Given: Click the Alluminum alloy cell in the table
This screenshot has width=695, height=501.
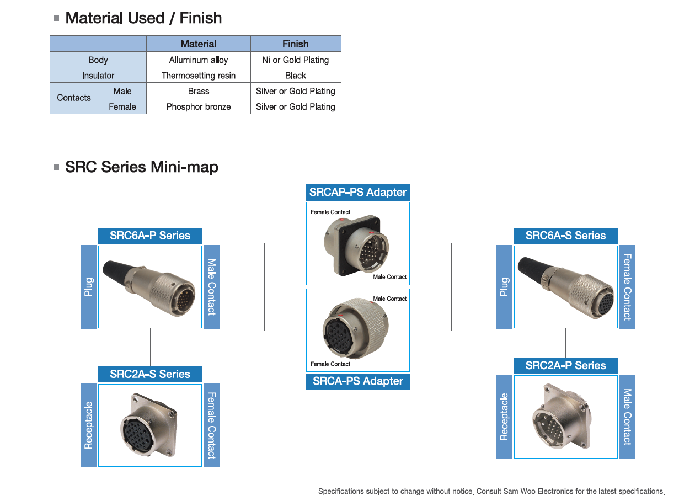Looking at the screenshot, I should point(199,60).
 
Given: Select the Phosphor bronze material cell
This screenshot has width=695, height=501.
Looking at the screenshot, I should point(199,106).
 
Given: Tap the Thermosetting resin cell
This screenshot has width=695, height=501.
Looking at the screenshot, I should point(199,76).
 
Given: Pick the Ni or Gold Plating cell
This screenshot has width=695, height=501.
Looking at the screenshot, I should point(296,60).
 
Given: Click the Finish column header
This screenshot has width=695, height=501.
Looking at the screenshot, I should point(296,44).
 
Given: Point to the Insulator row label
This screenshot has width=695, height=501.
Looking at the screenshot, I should point(98,76).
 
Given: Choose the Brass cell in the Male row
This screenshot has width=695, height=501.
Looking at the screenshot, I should point(199,91).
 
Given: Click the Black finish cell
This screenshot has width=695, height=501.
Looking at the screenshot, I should point(296,76).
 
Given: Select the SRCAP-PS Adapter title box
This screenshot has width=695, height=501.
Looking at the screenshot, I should point(358,193).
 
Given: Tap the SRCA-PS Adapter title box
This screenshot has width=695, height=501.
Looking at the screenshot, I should point(358,381).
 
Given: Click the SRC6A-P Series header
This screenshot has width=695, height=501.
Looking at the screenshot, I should point(150,236).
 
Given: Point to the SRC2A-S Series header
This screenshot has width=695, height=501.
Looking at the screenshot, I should point(150,374).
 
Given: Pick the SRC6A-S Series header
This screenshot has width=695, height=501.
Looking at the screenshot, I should point(565,236).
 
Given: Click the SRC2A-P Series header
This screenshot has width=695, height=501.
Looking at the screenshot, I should point(565,365).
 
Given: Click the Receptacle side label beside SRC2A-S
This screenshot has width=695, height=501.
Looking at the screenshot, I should point(88,425).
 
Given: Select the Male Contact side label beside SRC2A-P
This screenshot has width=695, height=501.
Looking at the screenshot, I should point(627,417).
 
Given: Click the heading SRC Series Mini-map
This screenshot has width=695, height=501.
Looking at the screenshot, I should point(142,167).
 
